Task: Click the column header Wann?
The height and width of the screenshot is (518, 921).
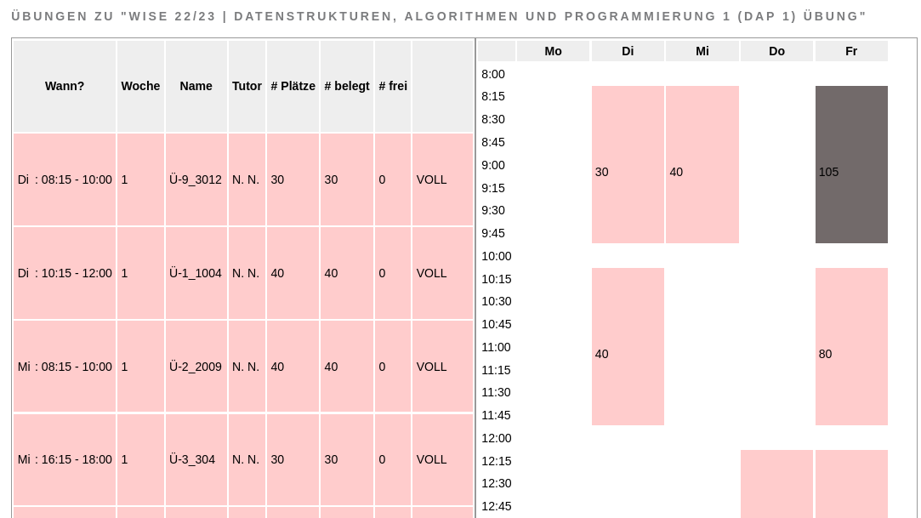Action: point(65,86)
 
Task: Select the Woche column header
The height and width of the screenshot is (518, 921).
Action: point(140,86)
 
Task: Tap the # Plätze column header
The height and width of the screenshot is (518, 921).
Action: point(293,86)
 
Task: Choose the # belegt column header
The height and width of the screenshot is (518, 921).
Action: point(347,86)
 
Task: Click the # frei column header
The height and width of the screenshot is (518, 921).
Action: point(393,86)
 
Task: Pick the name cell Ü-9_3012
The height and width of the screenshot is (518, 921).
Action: point(196,179)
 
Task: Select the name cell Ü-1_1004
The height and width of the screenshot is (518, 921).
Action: point(196,273)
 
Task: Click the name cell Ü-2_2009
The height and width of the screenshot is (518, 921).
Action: point(196,367)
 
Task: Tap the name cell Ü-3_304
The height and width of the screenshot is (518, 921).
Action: point(192,459)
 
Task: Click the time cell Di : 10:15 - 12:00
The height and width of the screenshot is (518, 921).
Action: point(65,273)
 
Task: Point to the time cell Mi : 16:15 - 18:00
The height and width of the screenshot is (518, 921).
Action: point(65,459)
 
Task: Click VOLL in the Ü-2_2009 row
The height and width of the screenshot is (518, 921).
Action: point(431,367)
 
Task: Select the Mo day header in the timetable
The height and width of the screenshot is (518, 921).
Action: point(553,51)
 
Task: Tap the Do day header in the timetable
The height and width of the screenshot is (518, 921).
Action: point(776,51)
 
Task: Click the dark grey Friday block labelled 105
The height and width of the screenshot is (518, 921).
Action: point(851,165)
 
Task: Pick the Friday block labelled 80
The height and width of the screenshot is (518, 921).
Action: point(851,347)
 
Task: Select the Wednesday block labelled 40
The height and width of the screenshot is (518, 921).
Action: point(702,165)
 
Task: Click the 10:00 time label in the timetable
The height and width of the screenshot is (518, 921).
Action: point(497,256)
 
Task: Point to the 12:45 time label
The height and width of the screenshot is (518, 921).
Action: point(497,506)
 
